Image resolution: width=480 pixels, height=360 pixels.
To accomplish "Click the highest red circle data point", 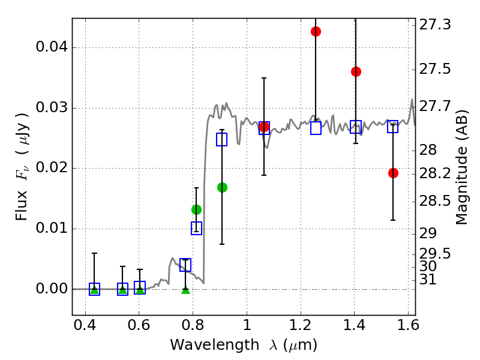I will pyautogui.click(x=316, y=31).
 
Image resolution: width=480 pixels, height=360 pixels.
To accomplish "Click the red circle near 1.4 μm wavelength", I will pyautogui.click(x=356, y=71).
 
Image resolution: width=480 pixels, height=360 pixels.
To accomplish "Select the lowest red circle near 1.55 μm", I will pyautogui.click(x=393, y=173).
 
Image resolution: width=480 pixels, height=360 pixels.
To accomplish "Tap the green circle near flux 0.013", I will pyautogui.click(x=196, y=209).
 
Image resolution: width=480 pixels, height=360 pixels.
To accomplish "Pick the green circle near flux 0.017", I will pyautogui.click(x=222, y=187).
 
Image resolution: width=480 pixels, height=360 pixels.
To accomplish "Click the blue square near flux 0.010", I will pyautogui.click(x=196, y=228).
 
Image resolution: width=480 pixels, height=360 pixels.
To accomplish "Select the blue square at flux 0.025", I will pyautogui.click(x=222, y=140).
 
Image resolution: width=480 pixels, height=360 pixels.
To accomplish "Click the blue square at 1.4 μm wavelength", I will pyautogui.click(x=356, y=127).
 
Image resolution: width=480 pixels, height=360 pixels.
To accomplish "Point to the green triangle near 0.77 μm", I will pyautogui.click(x=185, y=290).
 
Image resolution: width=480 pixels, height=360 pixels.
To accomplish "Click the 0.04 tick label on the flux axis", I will pyautogui.click(x=50, y=48).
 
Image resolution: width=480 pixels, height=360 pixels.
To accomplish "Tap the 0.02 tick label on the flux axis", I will pyautogui.click(x=50, y=168).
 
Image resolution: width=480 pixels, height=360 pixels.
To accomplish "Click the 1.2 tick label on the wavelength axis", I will pyautogui.click(x=301, y=328).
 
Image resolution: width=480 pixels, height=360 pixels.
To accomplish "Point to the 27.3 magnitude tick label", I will pyautogui.click(x=437, y=25).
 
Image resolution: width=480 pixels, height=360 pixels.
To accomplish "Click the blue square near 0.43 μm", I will pyautogui.click(x=94, y=289).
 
